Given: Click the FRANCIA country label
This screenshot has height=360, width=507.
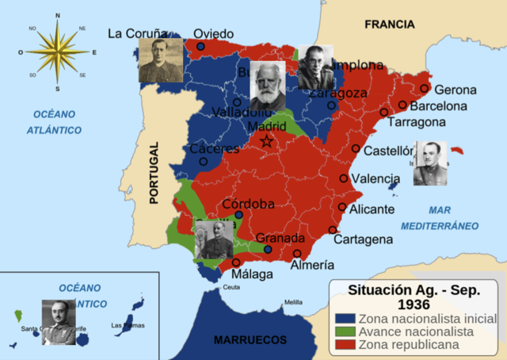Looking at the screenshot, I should tap(389, 25).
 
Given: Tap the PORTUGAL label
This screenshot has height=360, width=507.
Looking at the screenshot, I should tap(154, 173).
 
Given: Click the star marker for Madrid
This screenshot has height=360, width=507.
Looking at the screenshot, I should tap(267, 142).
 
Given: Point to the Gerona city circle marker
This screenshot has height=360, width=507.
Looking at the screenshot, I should tap(425, 89).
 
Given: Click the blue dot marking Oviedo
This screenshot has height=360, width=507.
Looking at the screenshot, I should tap(200, 48).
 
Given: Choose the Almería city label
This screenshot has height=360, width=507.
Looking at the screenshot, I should tap(312, 266).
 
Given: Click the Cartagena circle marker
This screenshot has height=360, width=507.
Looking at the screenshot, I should tap(333, 230).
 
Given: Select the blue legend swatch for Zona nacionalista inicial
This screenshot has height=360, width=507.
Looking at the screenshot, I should tap(342, 319).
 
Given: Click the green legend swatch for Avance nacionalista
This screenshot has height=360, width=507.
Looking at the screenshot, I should tap(342, 331).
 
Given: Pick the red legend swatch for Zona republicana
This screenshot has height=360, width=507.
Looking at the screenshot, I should tap(342, 344).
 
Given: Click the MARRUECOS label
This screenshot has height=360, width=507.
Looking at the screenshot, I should tap(250, 340).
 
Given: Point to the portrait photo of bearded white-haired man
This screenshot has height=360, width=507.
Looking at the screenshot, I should tap(268, 85).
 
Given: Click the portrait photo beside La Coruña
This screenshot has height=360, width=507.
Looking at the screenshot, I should tap(161, 61).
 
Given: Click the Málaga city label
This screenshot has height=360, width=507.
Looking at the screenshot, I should tap(252, 274).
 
